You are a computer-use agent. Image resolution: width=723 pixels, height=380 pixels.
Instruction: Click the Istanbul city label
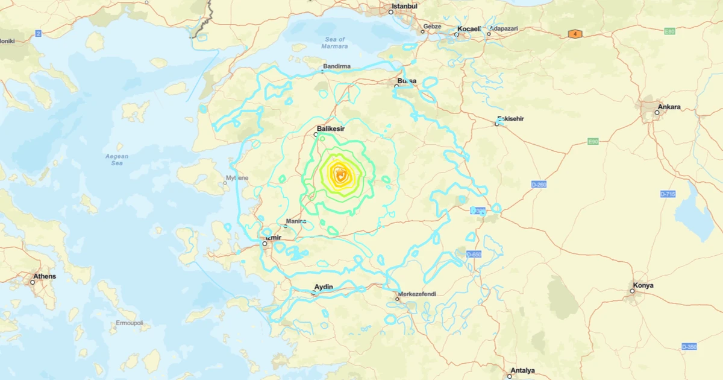pos(404,6)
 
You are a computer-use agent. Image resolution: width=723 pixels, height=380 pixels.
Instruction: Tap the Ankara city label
pos(669,107)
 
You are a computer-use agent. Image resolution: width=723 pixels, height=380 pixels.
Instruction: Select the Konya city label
pos(643,285)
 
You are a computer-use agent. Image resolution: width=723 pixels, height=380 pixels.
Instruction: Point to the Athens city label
pos(45,276)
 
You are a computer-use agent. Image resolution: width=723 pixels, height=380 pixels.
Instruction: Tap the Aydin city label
pos(324,287)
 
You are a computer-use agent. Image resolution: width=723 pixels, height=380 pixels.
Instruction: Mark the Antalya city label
pos(522,370)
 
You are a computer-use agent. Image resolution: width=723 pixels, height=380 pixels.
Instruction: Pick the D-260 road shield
pos(539,184)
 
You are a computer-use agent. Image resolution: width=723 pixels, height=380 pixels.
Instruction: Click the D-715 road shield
pos(668,194)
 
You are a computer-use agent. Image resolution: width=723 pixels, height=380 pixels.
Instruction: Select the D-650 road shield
pos(474,255)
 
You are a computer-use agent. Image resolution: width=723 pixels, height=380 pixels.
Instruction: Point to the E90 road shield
pos(593,142)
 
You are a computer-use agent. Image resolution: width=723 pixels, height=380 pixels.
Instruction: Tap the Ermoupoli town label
pos(130,323)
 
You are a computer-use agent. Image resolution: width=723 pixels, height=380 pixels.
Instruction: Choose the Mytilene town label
pos(236,178)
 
